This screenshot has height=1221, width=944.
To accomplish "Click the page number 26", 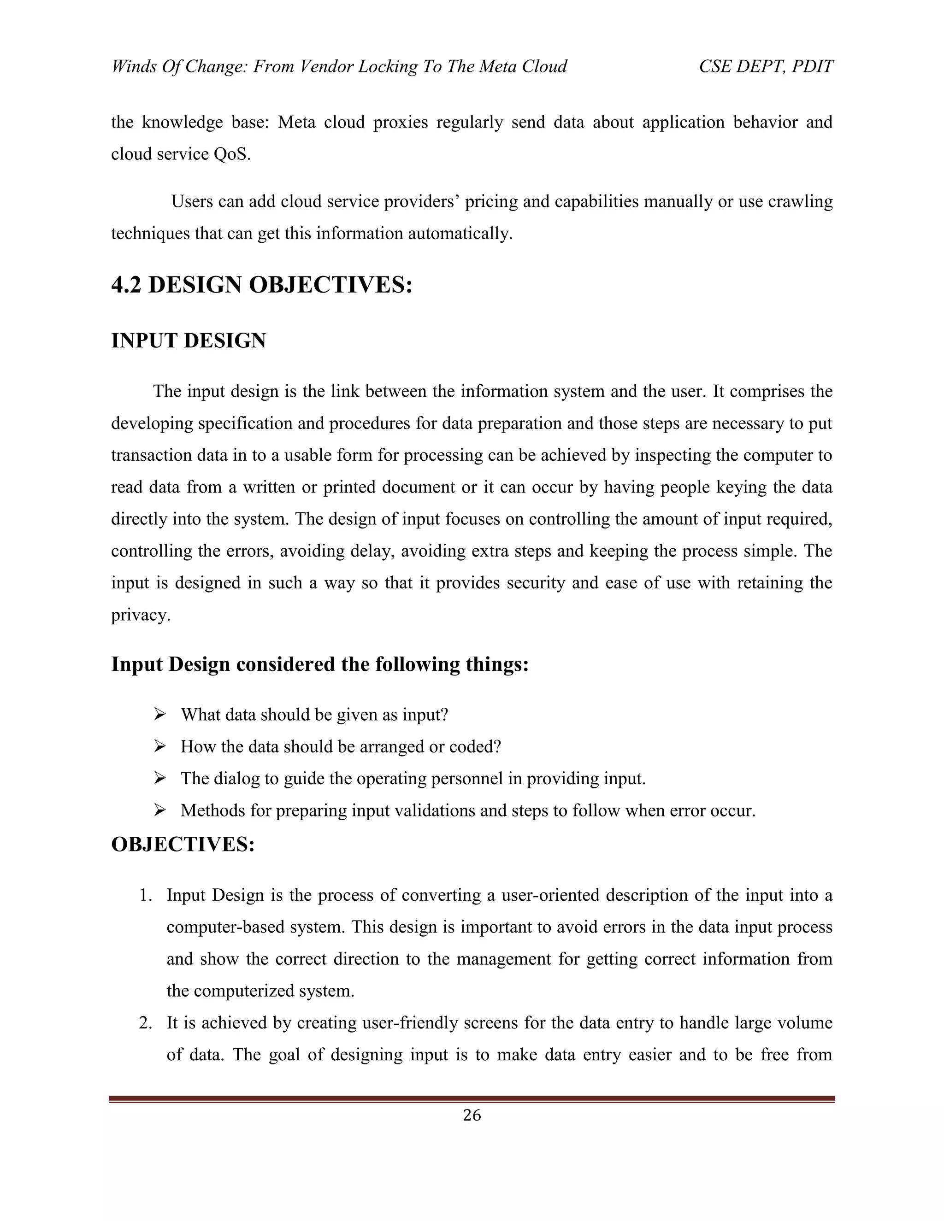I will [472, 1115].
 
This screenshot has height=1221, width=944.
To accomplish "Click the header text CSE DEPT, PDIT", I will [766, 66].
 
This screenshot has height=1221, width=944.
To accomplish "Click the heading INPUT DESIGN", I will [189, 340].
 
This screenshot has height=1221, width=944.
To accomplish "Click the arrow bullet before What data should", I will [160, 714].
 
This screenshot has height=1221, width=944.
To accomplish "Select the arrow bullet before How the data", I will [160, 746].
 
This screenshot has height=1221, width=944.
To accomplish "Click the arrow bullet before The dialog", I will [160, 778].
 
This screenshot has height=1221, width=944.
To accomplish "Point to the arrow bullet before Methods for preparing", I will [160, 810].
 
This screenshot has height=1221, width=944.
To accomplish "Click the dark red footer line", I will [472, 1098].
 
